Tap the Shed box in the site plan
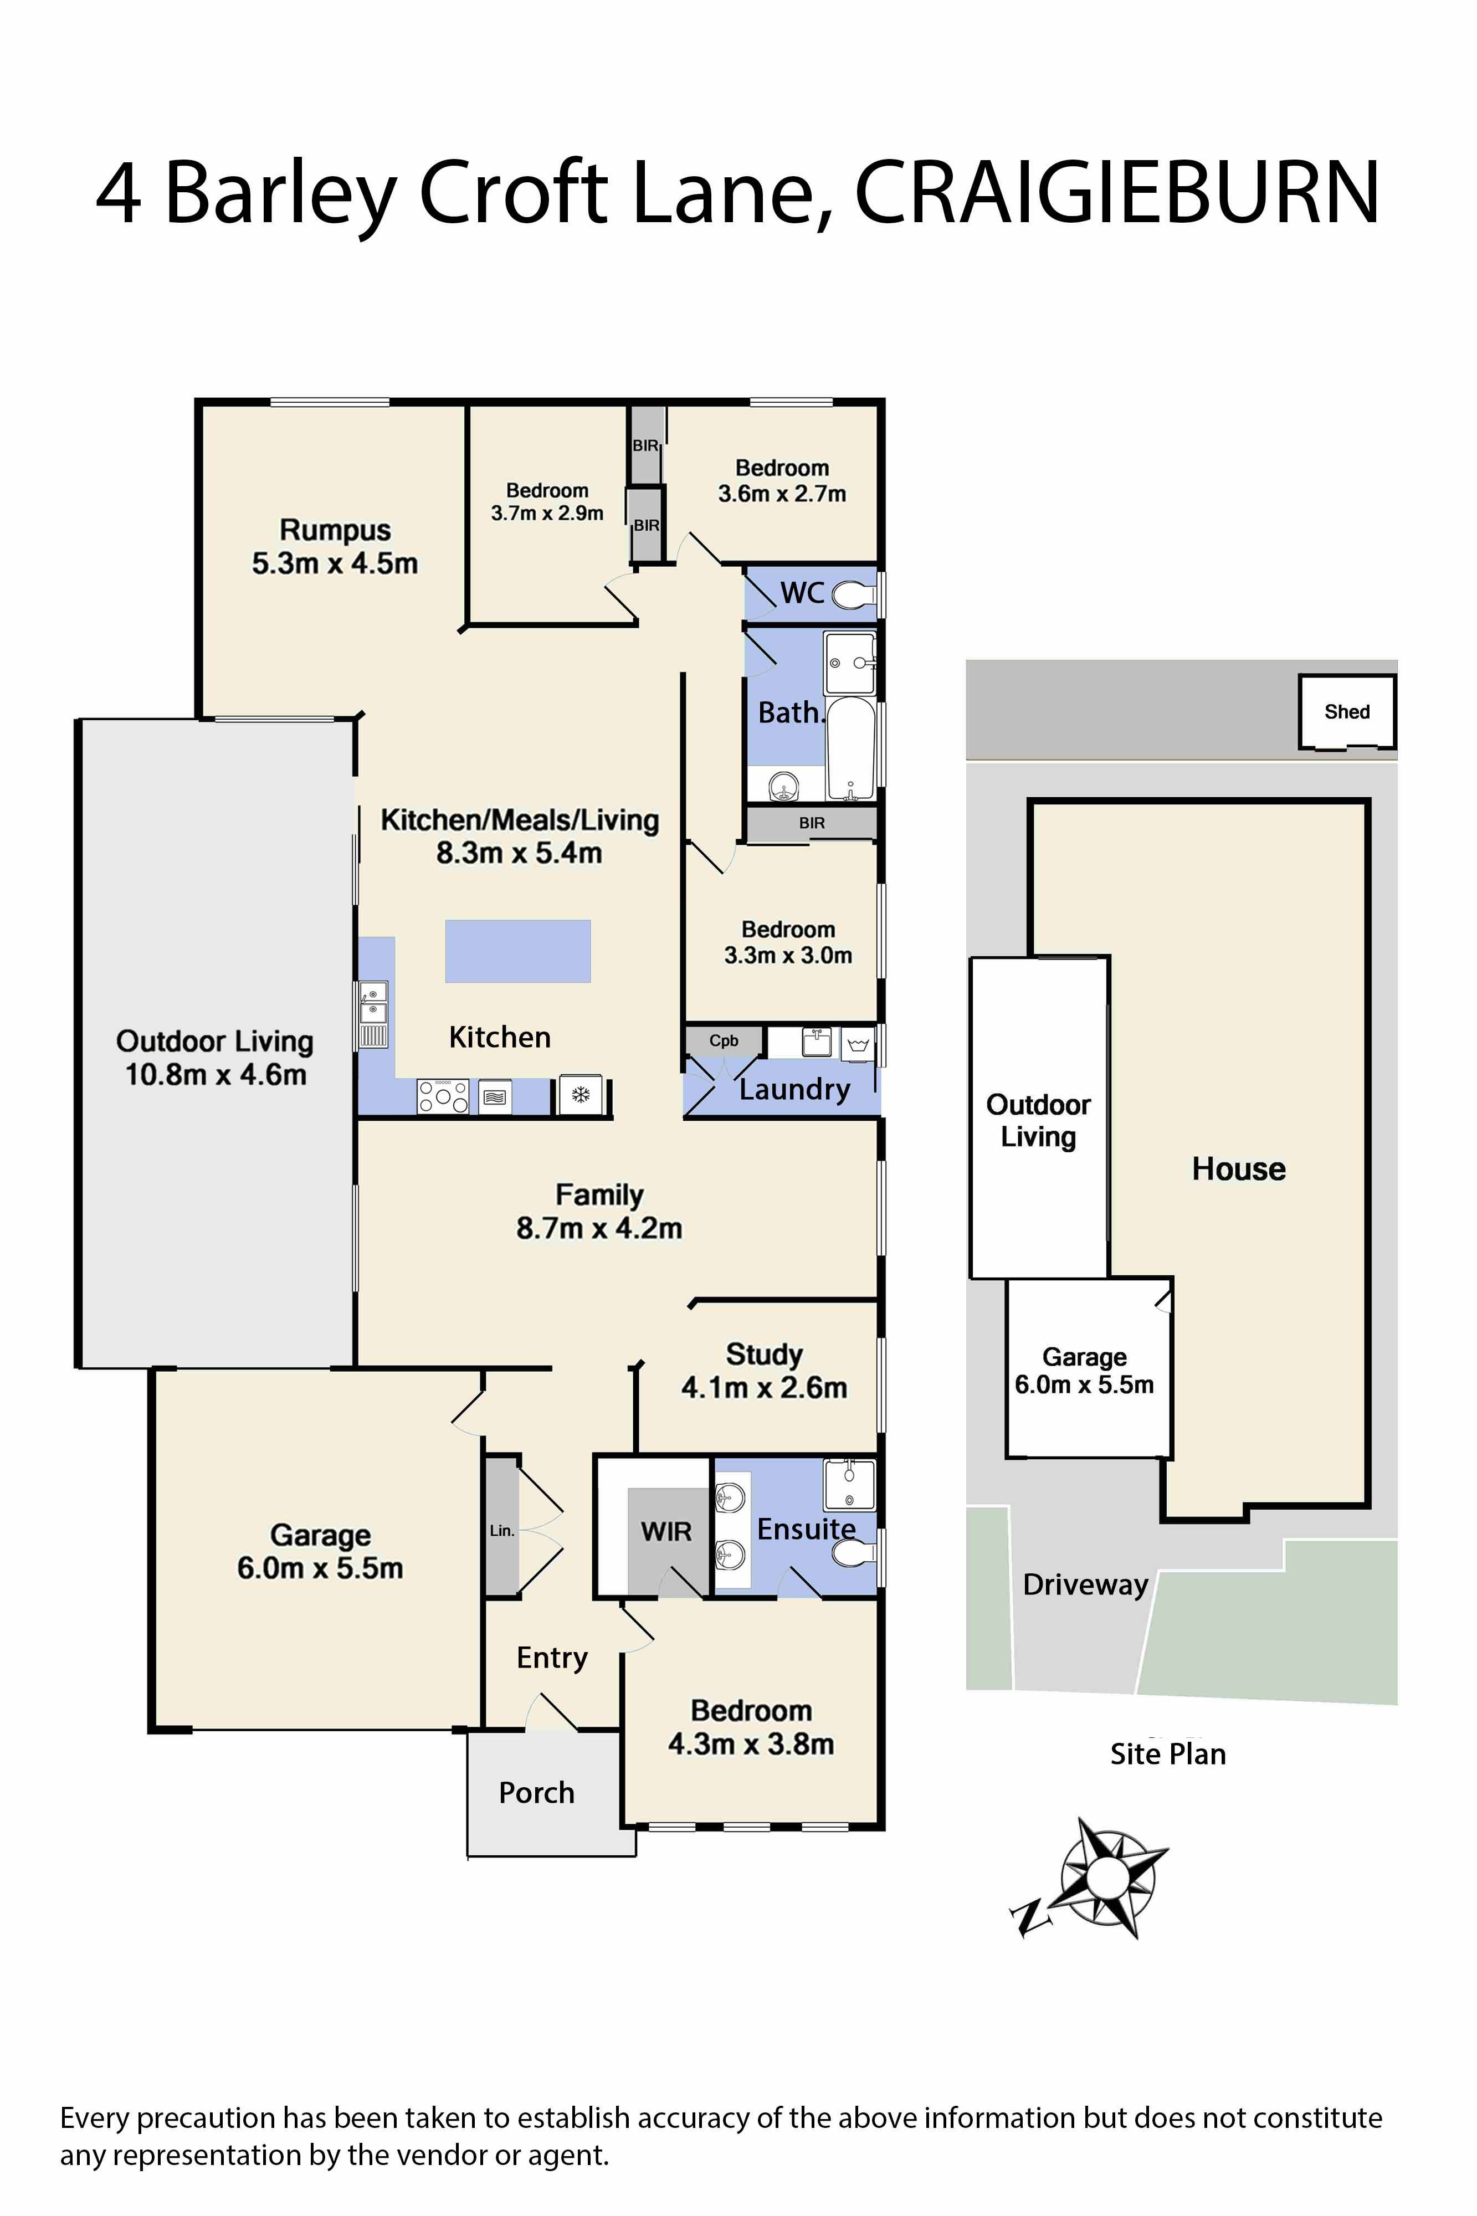1346,712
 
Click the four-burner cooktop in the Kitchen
443,1096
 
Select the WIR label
666,1532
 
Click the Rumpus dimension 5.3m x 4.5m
335,563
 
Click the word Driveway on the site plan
1085,1585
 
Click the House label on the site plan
1238,1169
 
